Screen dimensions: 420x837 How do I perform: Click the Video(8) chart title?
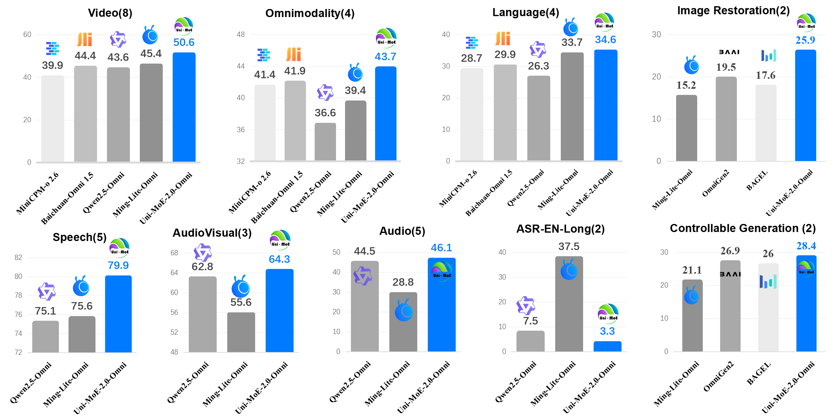110,13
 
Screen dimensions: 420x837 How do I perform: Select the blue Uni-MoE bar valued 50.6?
184,107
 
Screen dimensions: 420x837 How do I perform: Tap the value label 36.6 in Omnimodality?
325,113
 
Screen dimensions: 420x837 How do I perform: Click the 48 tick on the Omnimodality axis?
241,34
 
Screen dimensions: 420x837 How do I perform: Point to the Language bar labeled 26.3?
538,119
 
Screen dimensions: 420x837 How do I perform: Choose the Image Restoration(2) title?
733,11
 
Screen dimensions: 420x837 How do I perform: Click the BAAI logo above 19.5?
729,52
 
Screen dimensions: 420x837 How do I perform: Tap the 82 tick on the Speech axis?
18,257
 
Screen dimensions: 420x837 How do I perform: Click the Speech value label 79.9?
118,265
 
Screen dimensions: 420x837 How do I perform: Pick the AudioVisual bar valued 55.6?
241,332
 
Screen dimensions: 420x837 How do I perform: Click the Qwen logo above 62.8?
202,252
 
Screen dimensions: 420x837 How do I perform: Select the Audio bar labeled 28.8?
403,322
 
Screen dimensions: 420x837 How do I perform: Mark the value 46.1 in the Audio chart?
441,248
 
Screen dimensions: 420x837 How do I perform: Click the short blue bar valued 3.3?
607,346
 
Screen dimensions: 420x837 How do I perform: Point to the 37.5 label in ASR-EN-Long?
569,246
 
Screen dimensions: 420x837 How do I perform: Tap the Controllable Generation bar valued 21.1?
692,315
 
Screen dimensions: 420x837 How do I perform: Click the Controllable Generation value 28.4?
806,246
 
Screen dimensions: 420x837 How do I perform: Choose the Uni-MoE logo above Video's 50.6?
184,26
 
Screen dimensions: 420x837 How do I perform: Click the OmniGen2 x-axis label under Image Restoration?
715,183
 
